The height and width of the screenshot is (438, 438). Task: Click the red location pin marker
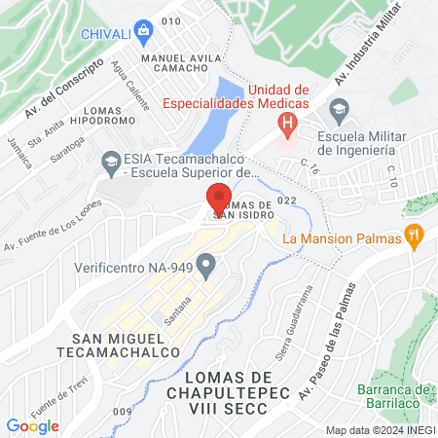click(219, 200)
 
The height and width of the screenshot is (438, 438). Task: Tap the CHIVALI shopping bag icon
click(144, 30)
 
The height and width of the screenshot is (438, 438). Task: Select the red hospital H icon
click(287, 124)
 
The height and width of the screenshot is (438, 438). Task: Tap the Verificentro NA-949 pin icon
click(205, 265)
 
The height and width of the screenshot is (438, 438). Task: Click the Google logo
click(32, 425)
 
